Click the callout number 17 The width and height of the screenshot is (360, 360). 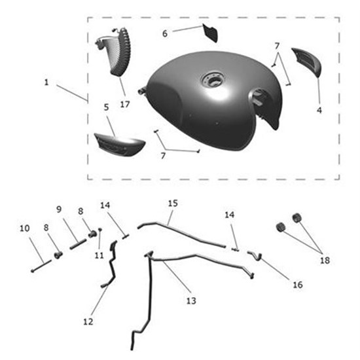pos(125,105)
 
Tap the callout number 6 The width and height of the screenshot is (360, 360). pos(165,33)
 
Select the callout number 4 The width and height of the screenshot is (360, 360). pos(319,111)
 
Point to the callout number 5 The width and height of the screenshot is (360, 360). pos(106,107)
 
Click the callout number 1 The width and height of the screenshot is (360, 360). pos(46,82)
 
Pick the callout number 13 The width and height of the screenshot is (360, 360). pos(191,301)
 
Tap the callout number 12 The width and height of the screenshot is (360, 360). pos(88,321)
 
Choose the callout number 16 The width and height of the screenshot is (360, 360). pos(298,285)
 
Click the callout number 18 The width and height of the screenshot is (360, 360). pos(325,261)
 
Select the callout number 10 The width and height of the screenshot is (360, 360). pos(25,228)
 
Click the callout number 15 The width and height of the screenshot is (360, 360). pos(173,203)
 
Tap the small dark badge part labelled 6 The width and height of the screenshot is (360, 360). pos(210,33)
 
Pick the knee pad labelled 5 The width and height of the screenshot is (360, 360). pos(120,143)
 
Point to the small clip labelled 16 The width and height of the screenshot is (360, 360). pos(255,256)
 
